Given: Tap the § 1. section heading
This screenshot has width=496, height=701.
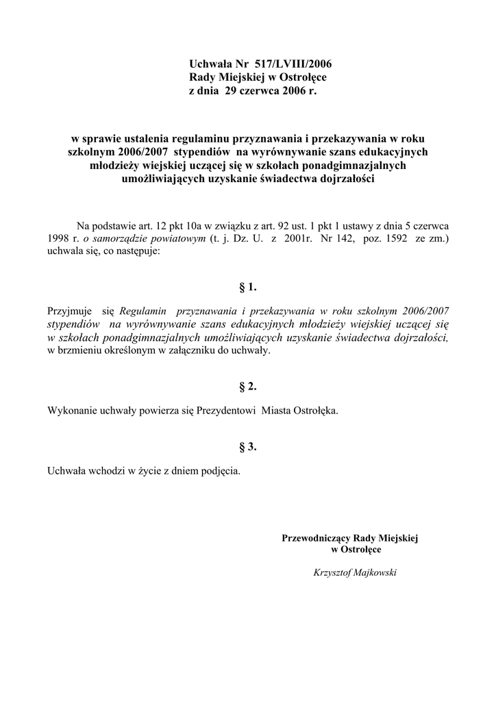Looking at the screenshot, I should (247, 288).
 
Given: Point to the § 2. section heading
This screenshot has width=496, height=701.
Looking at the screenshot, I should (247, 387).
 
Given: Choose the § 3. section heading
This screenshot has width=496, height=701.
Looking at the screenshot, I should (247, 447).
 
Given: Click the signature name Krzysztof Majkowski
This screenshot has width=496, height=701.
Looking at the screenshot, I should (355, 572).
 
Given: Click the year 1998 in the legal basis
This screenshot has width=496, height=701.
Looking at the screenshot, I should (58, 239).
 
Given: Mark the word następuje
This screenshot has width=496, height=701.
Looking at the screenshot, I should (136, 252).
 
